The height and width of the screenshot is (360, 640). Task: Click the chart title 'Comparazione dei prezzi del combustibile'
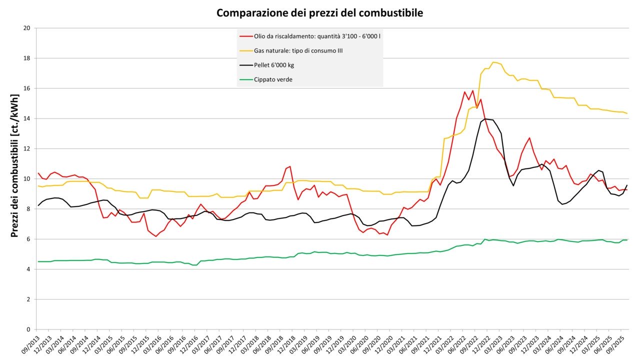(319, 13)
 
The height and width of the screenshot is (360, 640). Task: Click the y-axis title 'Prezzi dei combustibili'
(14, 178)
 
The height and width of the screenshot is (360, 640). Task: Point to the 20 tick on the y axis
(27, 28)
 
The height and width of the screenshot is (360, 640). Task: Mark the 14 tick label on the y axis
(27, 118)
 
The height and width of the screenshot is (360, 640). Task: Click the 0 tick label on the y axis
(28, 329)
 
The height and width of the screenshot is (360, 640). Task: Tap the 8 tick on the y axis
(28, 209)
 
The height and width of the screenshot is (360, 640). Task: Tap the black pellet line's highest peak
(485, 119)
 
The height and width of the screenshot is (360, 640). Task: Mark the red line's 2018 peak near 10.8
(289, 166)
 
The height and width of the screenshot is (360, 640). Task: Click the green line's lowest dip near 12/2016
(194, 265)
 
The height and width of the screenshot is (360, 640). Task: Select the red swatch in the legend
(245, 36)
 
